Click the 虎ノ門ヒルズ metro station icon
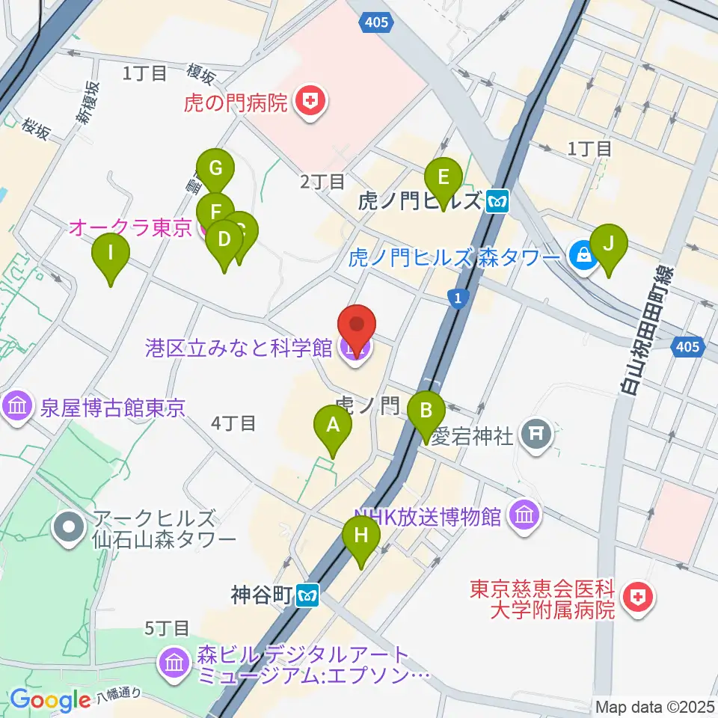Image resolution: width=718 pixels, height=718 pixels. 497,201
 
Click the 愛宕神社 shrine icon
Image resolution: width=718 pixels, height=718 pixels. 536,433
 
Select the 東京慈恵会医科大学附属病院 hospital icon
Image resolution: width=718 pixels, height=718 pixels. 638,599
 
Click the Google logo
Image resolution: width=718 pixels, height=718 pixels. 50,699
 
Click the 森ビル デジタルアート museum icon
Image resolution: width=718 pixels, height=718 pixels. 174,663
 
